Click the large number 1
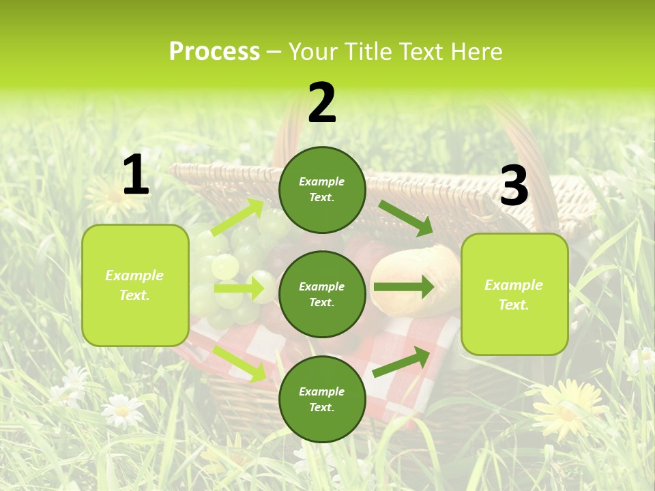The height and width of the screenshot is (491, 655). (136, 175)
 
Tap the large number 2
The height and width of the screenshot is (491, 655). (322, 103)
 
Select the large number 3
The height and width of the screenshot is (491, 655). (514, 186)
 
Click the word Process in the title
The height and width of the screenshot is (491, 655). (214, 51)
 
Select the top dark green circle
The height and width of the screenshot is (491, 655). (322, 190)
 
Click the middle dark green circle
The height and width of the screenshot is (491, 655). (322, 294)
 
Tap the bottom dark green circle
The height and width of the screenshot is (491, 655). (322, 399)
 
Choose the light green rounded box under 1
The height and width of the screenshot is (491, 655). (135, 285)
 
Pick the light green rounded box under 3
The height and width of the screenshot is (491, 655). (514, 294)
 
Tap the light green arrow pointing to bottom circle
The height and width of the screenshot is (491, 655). (239, 363)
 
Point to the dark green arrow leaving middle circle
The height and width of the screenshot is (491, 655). (403, 287)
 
